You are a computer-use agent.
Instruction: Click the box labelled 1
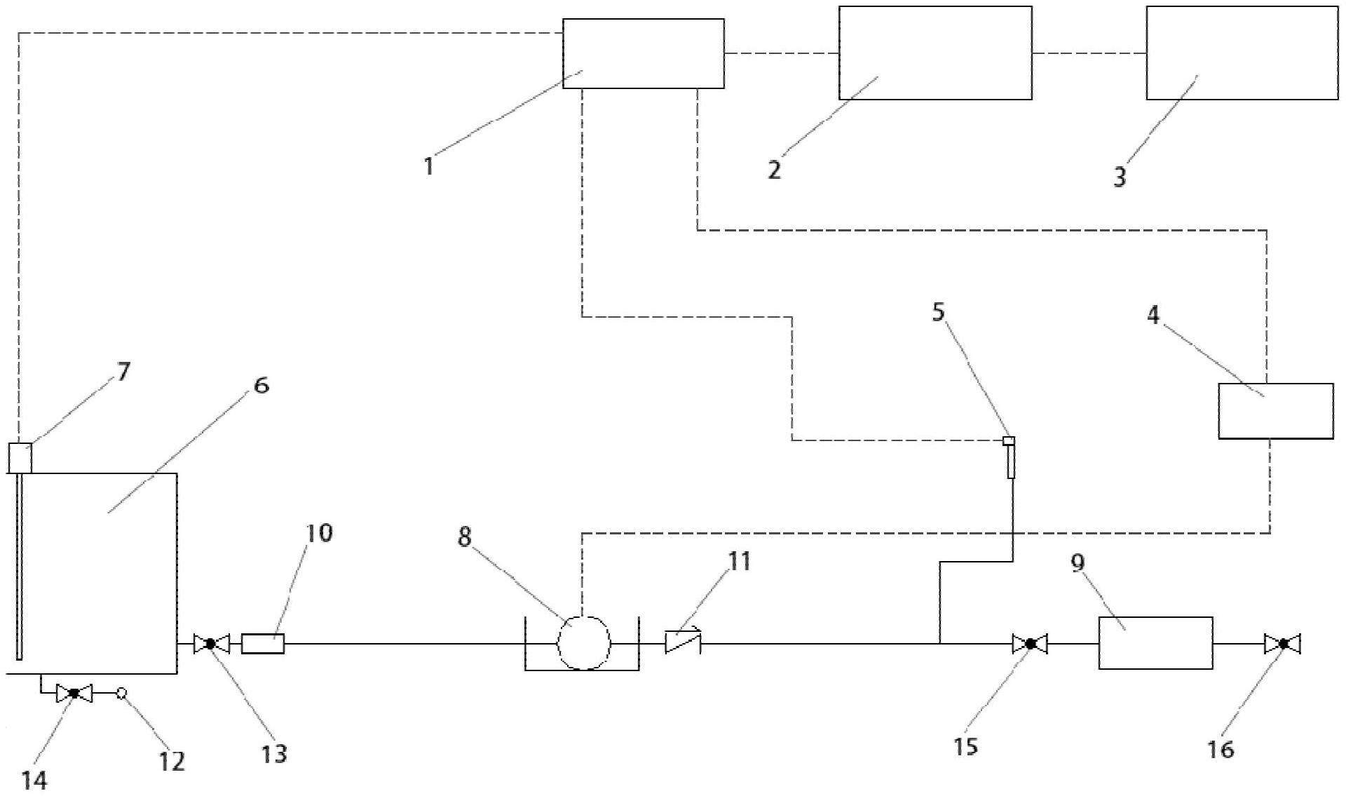click(644, 53)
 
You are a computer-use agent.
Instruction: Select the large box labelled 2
click(935, 53)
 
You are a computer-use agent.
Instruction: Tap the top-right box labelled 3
click(1242, 53)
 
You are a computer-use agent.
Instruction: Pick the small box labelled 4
click(1276, 411)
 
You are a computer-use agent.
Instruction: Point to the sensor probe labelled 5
click(1010, 457)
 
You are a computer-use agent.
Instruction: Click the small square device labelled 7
click(20, 459)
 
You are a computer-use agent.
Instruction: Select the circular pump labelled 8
click(584, 642)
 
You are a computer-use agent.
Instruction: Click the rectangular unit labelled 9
click(1155, 643)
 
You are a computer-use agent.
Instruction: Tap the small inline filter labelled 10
click(263, 643)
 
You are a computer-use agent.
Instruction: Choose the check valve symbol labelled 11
click(683, 642)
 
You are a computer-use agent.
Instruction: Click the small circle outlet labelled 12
click(121, 694)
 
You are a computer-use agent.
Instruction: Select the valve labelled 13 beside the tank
click(211, 643)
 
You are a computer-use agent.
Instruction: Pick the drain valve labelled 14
click(74, 694)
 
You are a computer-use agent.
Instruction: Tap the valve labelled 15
click(1030, 643)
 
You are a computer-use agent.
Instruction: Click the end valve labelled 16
click(1283, 643)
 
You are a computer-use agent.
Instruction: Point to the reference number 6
click(261, 385)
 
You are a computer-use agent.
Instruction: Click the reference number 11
click(739, 561)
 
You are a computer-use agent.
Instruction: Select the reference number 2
click(774, 170)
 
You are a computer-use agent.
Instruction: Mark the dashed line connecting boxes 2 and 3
click(1089, 53)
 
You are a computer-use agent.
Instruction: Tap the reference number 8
click(465, 537)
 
